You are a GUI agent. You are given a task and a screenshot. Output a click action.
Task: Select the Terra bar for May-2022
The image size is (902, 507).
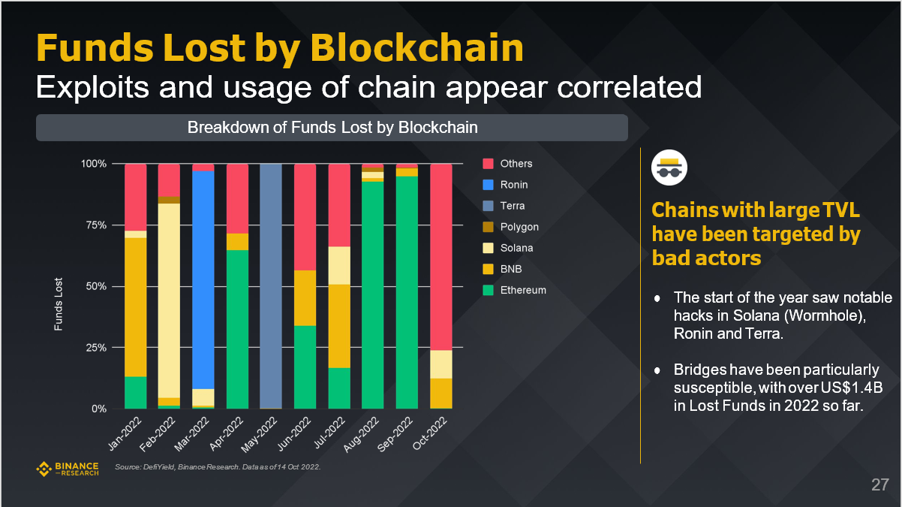(x=271, y=285)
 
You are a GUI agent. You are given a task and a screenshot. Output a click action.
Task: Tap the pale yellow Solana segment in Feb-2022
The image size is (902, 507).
(x=170, y=300)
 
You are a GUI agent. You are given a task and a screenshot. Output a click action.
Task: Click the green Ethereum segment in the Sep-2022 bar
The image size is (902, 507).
(x=407, y=293)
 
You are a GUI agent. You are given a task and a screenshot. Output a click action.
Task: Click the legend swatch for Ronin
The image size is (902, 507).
(x=488, y=185)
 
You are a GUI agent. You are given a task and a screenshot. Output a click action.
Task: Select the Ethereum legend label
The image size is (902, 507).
(x=523, y=290)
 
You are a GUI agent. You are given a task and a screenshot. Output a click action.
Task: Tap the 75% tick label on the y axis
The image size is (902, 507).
(x=93, y=225)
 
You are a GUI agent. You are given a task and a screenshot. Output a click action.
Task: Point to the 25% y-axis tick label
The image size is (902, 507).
(x=93, y=348)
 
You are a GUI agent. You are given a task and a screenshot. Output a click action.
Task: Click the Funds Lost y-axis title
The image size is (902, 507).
(x=59, y=305)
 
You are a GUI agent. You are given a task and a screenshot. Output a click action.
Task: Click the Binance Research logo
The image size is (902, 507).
(x=68, y=469)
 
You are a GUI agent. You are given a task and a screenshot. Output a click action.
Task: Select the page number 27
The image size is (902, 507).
(x=879, y=484)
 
